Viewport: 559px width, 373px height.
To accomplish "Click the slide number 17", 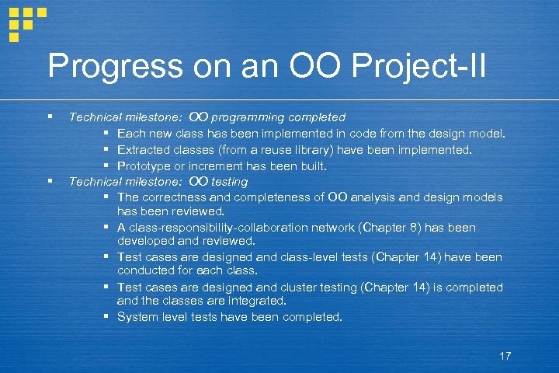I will click(x=505, y=356).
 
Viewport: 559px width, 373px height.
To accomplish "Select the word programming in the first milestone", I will click(x=248, y=117).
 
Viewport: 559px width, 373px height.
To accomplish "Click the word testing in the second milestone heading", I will click(x=230, y=182).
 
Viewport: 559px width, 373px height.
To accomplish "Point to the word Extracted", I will click(x=143, y=149).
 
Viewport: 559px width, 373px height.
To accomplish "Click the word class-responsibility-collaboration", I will click(x=220, y=228).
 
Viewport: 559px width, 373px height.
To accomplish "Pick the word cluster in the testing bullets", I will click(x=300, y=287).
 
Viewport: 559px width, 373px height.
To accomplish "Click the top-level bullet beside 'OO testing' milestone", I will click(x=50, y=182).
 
